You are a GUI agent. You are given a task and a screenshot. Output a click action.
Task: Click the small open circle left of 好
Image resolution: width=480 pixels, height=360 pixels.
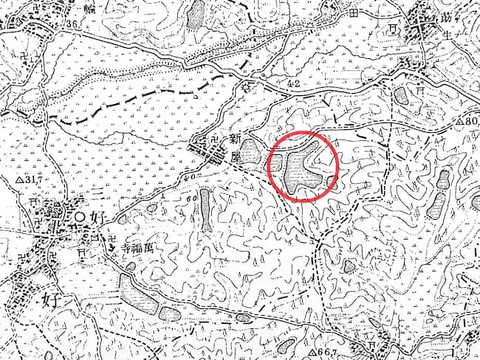(x=80, y=216)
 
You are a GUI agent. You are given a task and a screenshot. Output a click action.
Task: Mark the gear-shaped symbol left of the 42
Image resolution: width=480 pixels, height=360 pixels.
(x=247, y=87)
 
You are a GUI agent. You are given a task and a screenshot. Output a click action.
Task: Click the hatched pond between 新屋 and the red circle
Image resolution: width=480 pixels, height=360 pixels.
(x=250, y=152)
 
